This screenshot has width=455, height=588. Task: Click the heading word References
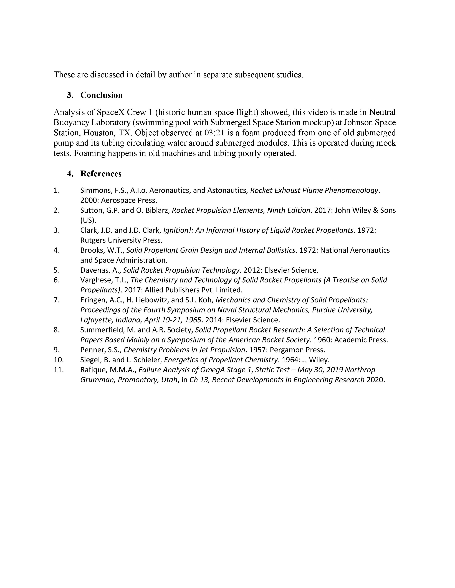tap(101, 174)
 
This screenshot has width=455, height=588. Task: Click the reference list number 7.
tap(57, 300)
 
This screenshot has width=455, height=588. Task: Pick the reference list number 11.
tap(59, 370)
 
